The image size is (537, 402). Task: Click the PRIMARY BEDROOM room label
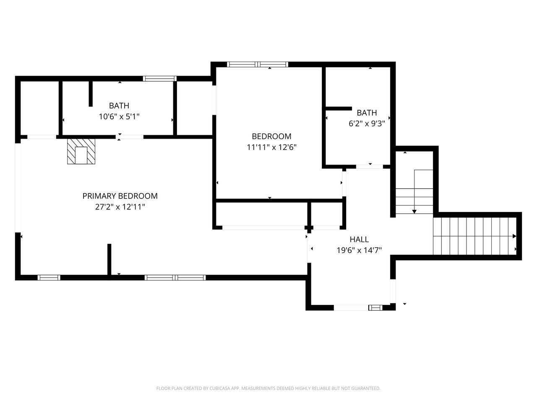click(120, 196)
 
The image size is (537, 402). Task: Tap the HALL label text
click(359, 240)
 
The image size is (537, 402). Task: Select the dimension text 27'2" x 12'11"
click(120, 207)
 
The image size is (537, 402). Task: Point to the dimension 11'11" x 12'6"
click(271, 147)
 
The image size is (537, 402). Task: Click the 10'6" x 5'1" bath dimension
click(119, 117)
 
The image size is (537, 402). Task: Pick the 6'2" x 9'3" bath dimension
click(367, 124)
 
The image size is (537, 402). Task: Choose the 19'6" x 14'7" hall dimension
click(359, 250)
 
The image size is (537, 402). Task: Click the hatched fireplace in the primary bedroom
click(81, 151)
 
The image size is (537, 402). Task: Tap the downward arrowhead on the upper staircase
click(414, 211)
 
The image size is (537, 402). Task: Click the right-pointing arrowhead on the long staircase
click(514, 236)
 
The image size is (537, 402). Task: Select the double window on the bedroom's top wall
click(258, 64)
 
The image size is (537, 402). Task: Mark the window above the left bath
click(160, 79)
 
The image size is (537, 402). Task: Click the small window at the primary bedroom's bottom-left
click(49, 278)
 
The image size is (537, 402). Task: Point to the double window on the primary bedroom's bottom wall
click(175, 278)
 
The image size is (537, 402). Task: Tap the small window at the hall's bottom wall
click(375, 307)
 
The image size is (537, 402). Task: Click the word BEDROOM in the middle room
click(271, 136)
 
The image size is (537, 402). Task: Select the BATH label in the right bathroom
click(367, 113)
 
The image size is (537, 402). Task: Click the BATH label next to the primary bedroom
click(119, 106)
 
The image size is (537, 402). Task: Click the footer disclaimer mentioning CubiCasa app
click(268, 388)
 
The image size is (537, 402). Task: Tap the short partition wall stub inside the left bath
click(91, 94)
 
